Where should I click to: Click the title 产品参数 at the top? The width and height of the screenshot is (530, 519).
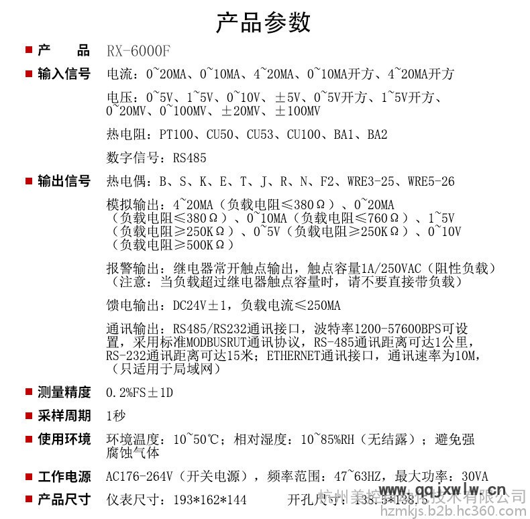(263, 22)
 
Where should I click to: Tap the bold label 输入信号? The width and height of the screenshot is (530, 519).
(64, 74)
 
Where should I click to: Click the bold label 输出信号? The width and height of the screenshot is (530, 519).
(64, 181)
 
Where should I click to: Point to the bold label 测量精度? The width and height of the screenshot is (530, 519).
(64, 392)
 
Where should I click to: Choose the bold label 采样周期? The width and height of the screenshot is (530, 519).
(64, 416)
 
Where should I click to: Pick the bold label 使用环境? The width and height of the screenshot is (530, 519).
(64, 439)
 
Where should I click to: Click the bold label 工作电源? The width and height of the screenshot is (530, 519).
(64, 477)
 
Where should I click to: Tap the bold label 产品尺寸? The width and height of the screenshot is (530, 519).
(64, 499)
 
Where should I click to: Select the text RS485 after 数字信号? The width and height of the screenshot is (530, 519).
(190, 158)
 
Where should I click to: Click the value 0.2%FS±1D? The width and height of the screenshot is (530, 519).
(140, 392)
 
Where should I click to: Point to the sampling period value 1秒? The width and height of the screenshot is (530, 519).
(116, 416)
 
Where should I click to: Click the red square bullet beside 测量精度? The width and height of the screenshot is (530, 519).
(29, 392)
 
